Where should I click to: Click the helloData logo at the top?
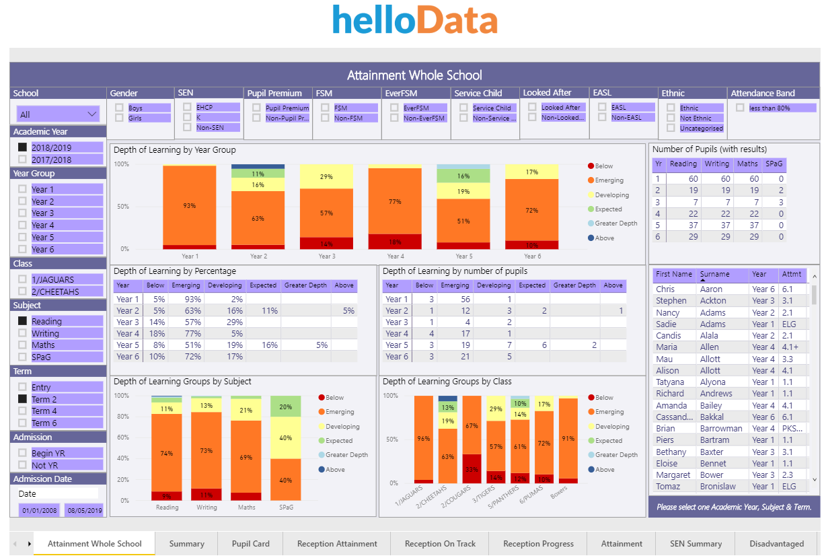tap(414, 20)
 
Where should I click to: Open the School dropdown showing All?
tap(59, 114)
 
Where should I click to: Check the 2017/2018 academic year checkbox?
tap(23, 160)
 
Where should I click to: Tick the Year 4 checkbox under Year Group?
tap(23, 225)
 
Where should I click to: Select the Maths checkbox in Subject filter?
tap(23, 345)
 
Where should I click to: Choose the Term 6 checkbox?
tap(23, 423)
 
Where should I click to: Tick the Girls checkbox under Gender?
tap(119, 118)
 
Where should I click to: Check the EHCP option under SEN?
tap(188, 107)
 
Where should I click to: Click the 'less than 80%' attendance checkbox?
tap(740, 108)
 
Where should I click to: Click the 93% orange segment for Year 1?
tap(189, 205)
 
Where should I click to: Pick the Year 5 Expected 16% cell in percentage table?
tap(263, 345)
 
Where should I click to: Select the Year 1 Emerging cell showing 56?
tap(455, 299)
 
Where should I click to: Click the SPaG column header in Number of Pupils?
tap(774, 164)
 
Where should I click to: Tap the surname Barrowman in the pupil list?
tap(721, 428)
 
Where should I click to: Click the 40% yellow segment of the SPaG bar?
tap(286, 438)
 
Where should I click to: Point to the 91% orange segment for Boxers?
tap(568, 438)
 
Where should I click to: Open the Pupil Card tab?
tap(250, 544)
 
